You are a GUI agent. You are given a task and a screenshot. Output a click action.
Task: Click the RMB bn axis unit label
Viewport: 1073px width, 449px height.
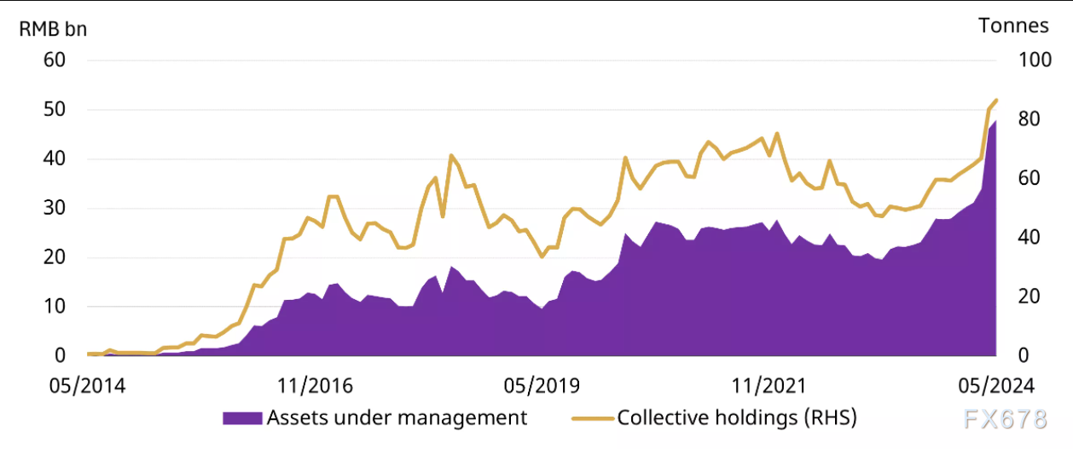(53, 28)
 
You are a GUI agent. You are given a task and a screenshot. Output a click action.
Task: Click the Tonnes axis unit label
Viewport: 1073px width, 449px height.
(1013, 26)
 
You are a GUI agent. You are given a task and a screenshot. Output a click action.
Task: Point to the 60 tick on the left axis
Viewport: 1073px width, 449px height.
(55, 60)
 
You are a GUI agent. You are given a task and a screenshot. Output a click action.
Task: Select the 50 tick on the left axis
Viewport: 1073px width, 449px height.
(55, 110)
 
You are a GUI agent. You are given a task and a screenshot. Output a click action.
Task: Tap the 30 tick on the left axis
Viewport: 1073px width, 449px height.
(55, 208)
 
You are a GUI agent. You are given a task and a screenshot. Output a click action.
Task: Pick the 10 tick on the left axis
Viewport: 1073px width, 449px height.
(55, 306)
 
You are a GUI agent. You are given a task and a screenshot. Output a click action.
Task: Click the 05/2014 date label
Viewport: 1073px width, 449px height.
(88, 386)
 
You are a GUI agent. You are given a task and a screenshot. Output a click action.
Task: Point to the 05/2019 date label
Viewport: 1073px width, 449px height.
(542, 386)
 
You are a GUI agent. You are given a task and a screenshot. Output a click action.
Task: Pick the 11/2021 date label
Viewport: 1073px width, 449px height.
(768, 386)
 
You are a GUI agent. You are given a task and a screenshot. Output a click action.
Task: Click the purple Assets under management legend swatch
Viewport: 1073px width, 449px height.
(242, 418)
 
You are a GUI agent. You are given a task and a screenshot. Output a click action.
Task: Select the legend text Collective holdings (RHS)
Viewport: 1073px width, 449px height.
(736, 418)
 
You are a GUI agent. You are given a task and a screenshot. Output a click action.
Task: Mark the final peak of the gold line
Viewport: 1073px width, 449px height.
(996, 101)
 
